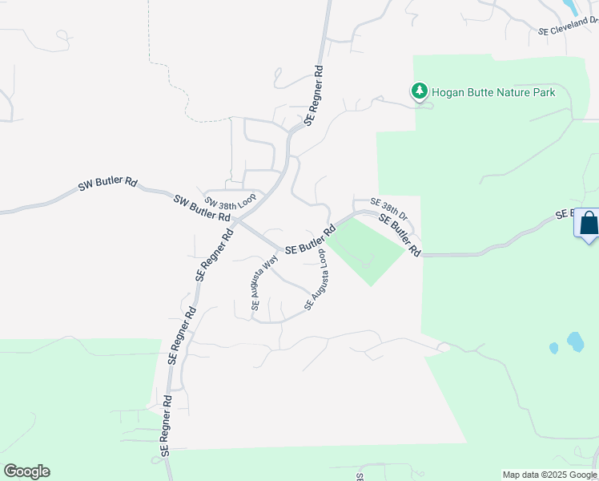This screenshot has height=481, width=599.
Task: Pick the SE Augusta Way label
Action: click(x=264, y=281)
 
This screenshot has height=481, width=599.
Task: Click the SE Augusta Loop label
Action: click(x=315, y=280)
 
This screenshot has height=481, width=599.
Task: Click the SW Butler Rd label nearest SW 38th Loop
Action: click(x=202, y=207)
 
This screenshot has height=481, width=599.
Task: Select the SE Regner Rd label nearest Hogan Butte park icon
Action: click(x=314, y=95)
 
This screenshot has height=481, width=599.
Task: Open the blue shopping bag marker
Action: click(x=588, y=223)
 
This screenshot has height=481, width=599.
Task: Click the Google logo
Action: click(x=26, y=471)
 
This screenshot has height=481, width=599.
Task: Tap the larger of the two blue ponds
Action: click(x=575, y=342)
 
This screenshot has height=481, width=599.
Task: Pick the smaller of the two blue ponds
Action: click(x=553, y=348)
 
